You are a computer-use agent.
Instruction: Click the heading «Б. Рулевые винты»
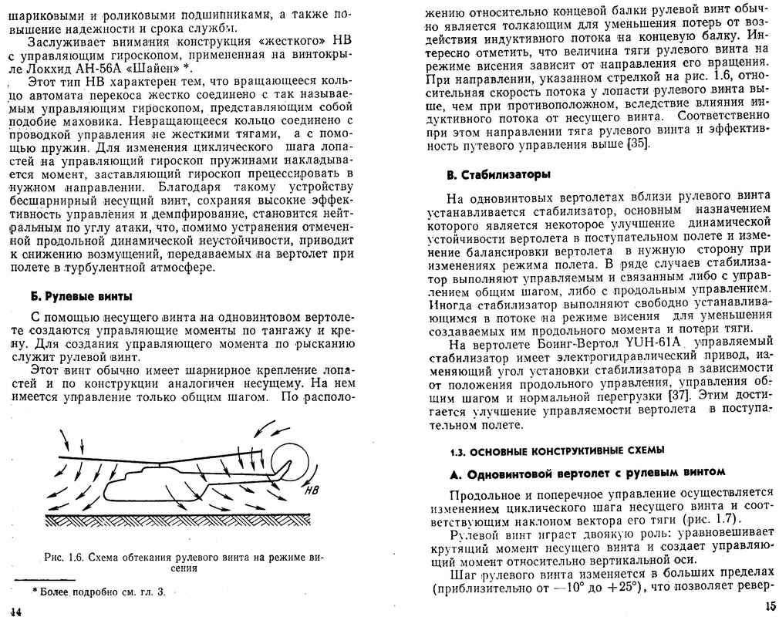pyautogui.click(x=80, y=296)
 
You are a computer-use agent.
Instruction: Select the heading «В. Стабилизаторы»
pyautogui.click(x=498, y=174)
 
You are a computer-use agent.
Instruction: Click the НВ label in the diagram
pyautogui.click(x=311, y=489)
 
